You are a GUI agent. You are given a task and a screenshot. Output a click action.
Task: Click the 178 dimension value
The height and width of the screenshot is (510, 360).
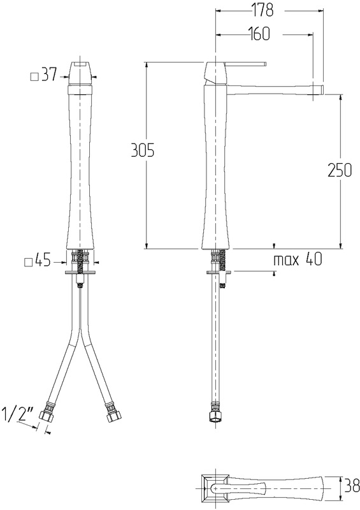[263, 10]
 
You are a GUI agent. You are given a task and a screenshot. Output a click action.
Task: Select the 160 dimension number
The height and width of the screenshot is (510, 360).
[259, 34]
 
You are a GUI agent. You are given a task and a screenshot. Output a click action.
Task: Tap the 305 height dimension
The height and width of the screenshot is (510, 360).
[143, 151]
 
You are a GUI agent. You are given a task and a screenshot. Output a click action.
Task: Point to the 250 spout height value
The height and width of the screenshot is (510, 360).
[340, 170]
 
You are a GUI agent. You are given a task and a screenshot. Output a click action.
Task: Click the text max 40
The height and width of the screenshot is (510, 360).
[298, 259]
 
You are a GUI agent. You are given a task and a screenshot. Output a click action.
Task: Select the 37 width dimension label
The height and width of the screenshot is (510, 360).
[50, 75]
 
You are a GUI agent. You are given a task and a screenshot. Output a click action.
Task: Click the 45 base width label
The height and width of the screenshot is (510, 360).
[43, 261]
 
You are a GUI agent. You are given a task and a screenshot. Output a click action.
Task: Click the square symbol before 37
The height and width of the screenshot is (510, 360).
[35, 76]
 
